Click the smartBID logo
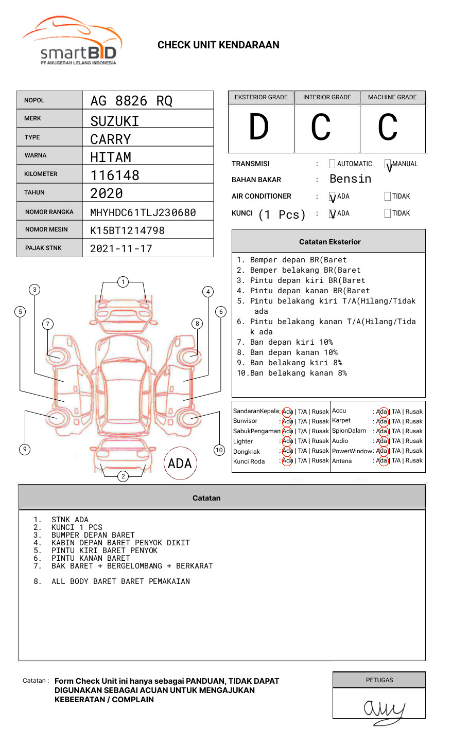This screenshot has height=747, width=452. tap(72, 41)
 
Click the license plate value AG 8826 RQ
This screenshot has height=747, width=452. tap(131, 101)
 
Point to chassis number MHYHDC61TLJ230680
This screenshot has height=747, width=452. tap(143, 212)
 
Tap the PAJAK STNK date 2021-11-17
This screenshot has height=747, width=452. tap(121, 248)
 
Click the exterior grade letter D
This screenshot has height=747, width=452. tap(259, 127)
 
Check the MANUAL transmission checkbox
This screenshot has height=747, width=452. tap(388, 164)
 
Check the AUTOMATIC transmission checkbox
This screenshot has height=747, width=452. tap(332, 164)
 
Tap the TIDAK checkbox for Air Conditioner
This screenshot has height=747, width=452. tap(388, 196)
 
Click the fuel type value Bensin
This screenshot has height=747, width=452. tap(350, 179)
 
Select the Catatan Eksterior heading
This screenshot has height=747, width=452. tap(329, 242)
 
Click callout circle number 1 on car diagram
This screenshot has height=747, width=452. tap(123, 282)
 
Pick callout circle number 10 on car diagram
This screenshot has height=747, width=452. tap(219, 450)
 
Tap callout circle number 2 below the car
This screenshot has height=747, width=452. tap(123, 476)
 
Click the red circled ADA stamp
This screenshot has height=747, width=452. tap(180, 464)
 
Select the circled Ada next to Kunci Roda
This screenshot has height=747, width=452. tap(287, 460)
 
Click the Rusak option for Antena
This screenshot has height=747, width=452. tap(414, 460)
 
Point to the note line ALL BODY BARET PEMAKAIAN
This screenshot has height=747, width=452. tap(120, 581)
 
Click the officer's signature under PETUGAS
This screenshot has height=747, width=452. tap(384, 710)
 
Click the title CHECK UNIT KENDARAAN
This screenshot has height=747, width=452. tap(218, 45)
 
